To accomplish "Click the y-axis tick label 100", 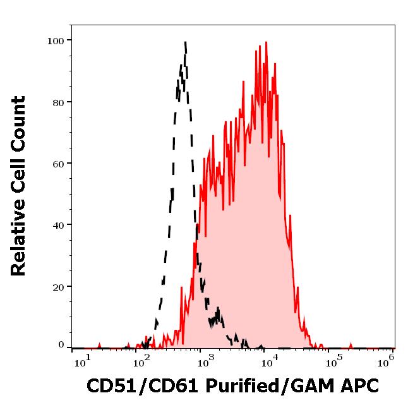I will pos(56,41).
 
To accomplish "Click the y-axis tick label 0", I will pos(61,345).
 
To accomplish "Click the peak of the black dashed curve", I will pos(185,42).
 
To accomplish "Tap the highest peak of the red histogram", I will pos(266,42).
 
